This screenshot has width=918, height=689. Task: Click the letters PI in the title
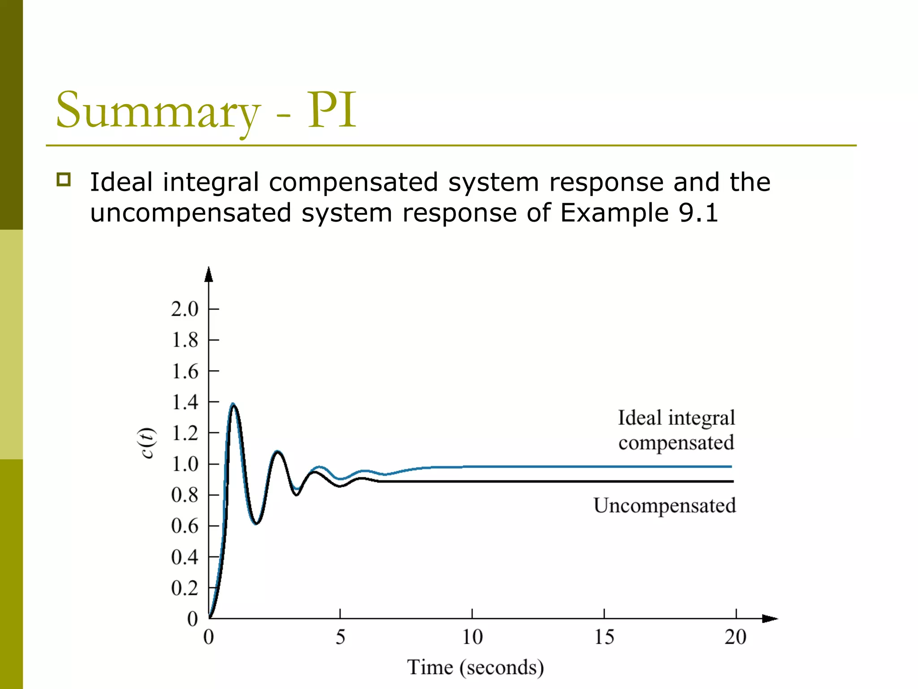click(332, 109)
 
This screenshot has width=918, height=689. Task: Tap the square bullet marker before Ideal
click(64, 179)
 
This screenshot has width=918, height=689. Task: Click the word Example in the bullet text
click(614, 213)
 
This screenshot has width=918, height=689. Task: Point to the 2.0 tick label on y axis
click(185, 309)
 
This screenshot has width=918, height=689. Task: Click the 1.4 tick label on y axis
click(185, 402)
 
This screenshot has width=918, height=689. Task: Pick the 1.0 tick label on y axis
click(185, 464)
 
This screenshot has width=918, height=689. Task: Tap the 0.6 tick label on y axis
click(185, 526)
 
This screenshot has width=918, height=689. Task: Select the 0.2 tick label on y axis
click(185, 588)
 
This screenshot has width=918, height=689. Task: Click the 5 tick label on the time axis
click(340, 637)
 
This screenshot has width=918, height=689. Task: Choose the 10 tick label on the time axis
click(472, 637)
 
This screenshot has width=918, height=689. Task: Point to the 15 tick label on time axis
click(604, 637)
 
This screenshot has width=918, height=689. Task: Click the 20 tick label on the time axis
click(736, 637)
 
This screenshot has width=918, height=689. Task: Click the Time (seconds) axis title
click(475, 667)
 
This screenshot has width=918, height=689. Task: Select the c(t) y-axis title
click(147, 443)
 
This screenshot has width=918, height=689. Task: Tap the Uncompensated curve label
click(665, 506)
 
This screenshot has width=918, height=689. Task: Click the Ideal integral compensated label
click(676, 430)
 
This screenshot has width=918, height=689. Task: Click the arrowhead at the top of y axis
click(208, 274)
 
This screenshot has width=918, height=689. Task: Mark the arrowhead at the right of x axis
click(770, 619)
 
